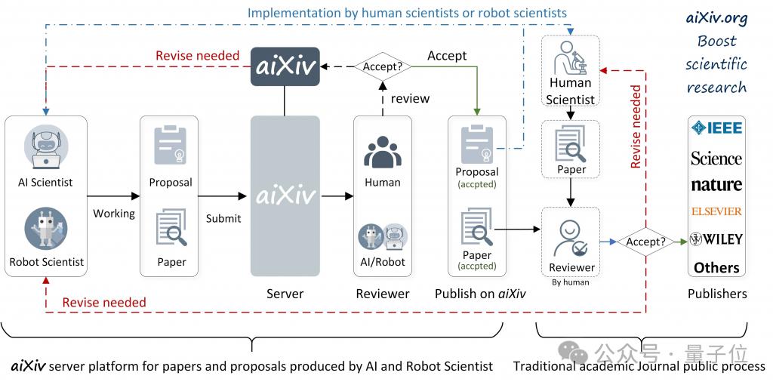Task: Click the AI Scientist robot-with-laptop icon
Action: click(46, 147)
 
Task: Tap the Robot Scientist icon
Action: click(46, 228)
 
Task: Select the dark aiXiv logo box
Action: click(285, 66)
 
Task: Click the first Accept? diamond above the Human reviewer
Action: click(382, 66)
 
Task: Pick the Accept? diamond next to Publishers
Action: click(646, 242)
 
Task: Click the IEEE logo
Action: click(717, 128)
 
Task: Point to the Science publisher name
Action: click(716, 159)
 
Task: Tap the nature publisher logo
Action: click(716, 185)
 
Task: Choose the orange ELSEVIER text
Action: click(716, 211)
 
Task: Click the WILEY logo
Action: click(716, 239)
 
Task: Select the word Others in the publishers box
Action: click(717, 268)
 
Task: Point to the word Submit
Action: click(223, 218)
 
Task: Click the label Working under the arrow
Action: click(114, 214)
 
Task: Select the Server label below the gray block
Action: click(285, 294)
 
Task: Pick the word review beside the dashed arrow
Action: click(410, 99)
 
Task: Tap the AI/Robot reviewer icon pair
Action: click(383, 236)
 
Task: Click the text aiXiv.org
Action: click(717, 19)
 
